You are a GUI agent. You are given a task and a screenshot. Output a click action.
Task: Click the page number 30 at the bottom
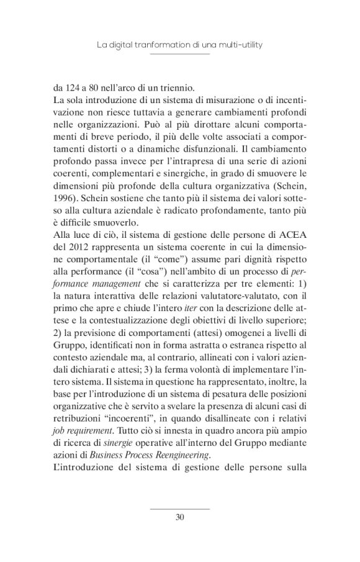tap(180, 516)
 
